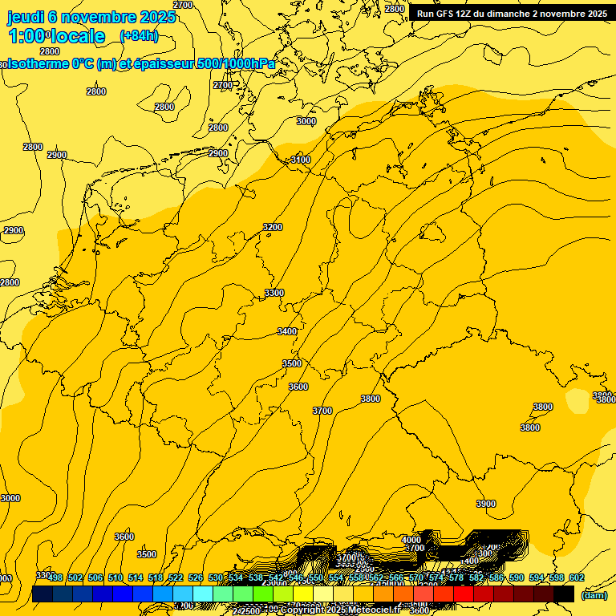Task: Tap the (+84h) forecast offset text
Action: pos(139,35)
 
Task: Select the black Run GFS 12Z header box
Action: pos(511,14)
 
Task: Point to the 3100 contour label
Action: pos(300,160)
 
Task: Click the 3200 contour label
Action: pos(273,227)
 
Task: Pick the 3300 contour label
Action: pos(274,293)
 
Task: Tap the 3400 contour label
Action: pos(286,331)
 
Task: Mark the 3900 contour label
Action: pos(485,504)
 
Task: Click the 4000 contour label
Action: pos(411,540)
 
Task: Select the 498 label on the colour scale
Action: pos(55,577)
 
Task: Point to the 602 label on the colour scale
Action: pos(576,577)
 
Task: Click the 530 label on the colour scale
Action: pos(216,577)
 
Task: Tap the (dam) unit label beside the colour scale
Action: pos(594,595)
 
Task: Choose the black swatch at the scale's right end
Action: pos(564,594)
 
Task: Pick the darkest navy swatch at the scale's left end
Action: pos(42,594)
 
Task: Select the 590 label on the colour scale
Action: pos(516,577)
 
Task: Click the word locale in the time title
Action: pos(77,36)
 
